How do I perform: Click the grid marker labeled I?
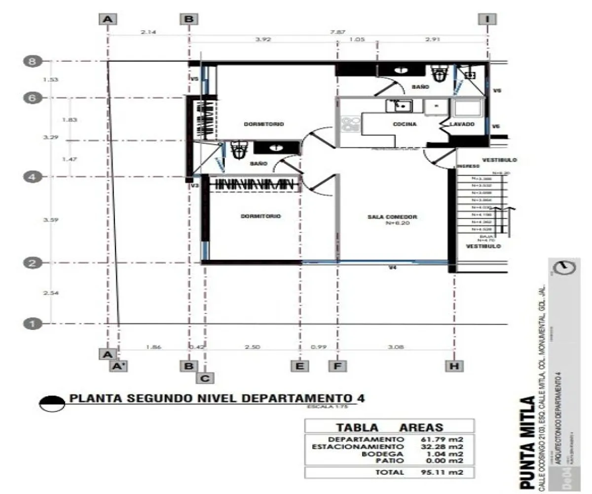point(487,19)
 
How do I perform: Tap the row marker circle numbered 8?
point(32,62)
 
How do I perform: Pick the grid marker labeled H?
point(454,366)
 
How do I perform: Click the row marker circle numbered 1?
point(32,324)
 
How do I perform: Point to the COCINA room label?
point(405,124)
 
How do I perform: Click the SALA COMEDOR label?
point(392,217)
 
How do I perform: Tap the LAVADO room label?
point(462,124)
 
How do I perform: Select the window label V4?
point(392,268)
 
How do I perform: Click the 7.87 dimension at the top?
point(337,32)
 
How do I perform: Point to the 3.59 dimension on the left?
point(51,220)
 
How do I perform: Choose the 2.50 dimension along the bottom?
point(252,347)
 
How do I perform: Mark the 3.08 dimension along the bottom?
point(396,347)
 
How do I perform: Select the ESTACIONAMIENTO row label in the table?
point(358,447)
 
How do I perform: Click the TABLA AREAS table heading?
point(390,427)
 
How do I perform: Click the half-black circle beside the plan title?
point(52,403)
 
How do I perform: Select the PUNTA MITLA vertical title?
point(527,442)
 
